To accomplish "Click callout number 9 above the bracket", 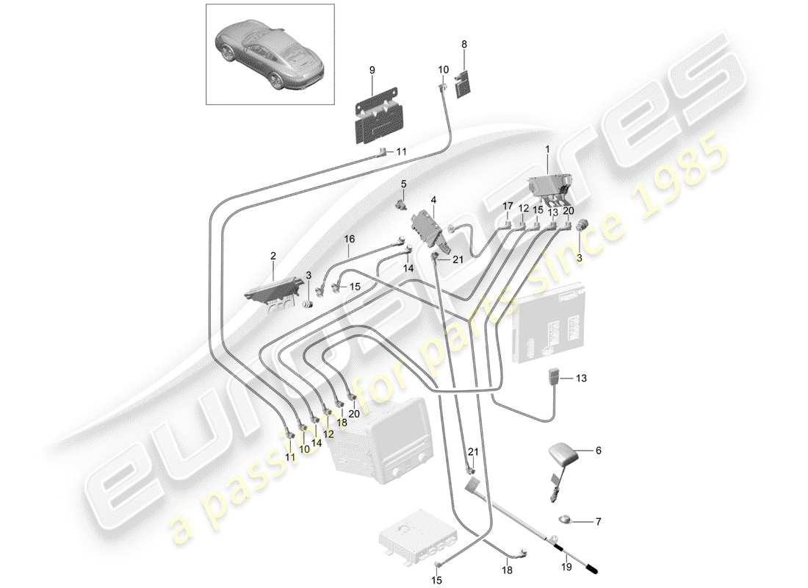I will click(x=372, y=70).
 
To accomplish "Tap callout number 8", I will click(x=464, y=46).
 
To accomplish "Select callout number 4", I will click(x=433, y=200).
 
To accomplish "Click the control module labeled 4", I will click(x=428, y=229).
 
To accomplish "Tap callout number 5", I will click(x=403, y=182).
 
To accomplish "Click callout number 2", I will click(x=273, y=256).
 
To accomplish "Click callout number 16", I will click(x=349, y=239).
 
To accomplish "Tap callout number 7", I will click(x=597, y=522).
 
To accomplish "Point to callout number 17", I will click(x=507, y=207).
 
